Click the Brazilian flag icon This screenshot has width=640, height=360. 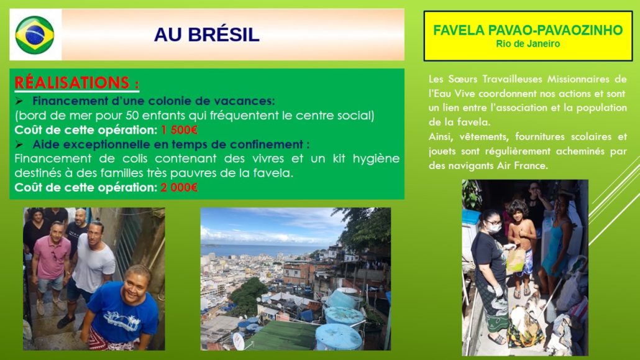pos(35,35)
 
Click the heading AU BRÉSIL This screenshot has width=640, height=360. pos(206,35)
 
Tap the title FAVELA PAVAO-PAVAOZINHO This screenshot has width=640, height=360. pos(528,30)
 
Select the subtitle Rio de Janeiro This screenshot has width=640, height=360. pos(528,44)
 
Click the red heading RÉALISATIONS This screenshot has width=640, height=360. pos(76,83)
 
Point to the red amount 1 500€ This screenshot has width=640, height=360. pos(179,130)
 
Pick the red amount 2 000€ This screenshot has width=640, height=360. pos(179,188)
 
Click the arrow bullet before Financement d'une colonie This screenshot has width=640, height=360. pos(19,101)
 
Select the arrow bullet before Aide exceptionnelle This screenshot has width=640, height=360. pos(19,144)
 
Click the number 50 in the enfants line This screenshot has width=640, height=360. pos(132,116)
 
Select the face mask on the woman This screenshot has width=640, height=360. pos(495,228)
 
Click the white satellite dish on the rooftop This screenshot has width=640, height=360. pos(238,341)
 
